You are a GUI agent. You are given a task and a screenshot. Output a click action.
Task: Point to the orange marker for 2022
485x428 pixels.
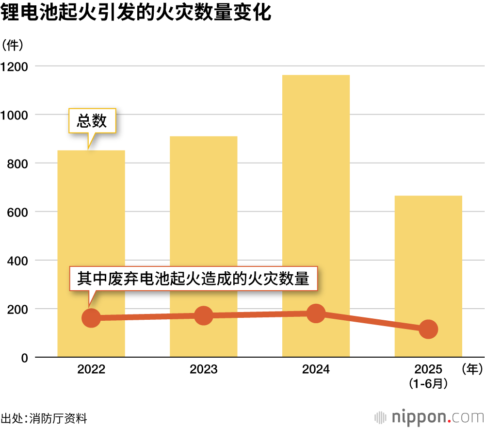click(91, 318)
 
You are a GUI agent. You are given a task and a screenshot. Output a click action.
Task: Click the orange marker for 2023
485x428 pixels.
click(204, 316)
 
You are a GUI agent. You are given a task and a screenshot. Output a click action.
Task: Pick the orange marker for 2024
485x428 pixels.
click(316, 313)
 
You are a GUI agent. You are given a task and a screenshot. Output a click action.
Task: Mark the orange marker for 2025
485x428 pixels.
click(428, 329)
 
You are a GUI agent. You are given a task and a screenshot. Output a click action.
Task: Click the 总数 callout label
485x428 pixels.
click(92, 121)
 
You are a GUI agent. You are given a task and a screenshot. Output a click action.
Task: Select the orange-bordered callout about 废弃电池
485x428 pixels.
click(194, 279)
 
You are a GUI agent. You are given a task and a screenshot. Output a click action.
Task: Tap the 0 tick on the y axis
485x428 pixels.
click(24, 358)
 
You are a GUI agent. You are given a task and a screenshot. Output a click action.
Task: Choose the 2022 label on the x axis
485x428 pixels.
click(91, 370)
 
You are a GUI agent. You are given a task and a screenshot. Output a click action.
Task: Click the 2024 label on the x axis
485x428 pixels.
click(316, 370)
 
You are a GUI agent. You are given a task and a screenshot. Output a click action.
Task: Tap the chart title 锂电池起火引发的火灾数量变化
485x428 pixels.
click(135, 14)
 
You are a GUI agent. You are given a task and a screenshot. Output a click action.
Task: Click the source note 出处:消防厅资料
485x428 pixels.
click(44, 418)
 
